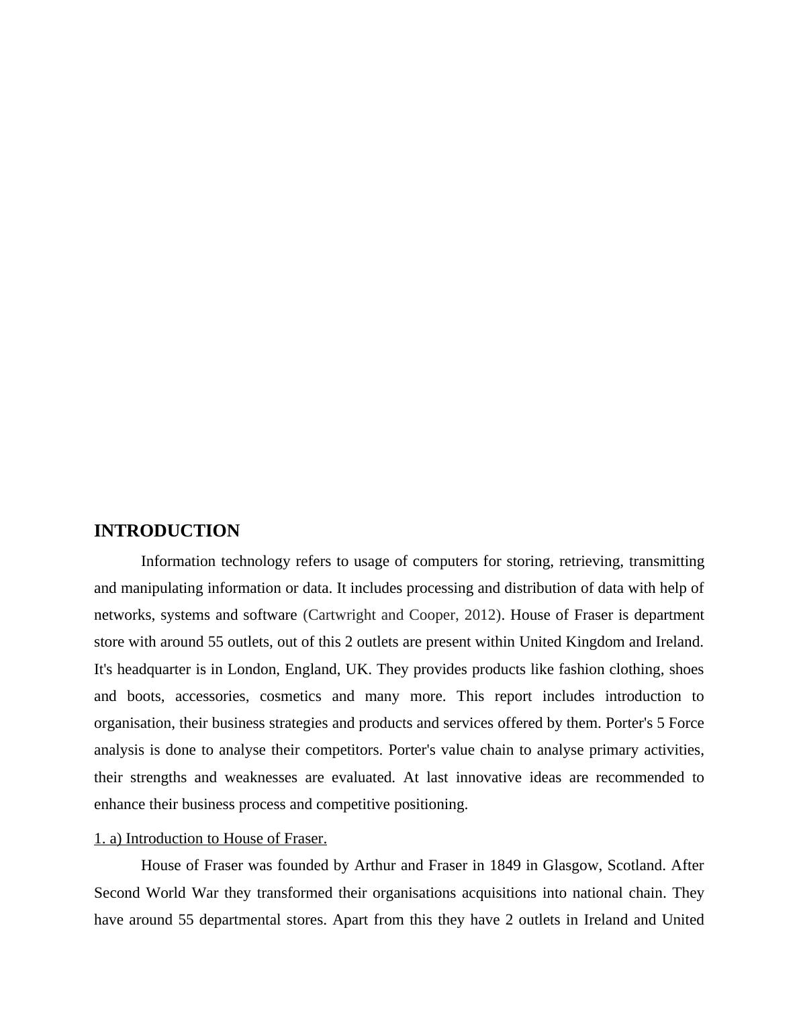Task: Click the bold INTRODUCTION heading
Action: point(167,531)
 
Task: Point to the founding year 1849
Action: point(505,865)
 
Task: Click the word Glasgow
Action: point(572,865)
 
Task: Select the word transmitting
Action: point(666,561)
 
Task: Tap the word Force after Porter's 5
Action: point(686,723)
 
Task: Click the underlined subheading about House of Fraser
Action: point(210,839)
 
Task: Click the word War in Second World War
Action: point(205,893)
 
